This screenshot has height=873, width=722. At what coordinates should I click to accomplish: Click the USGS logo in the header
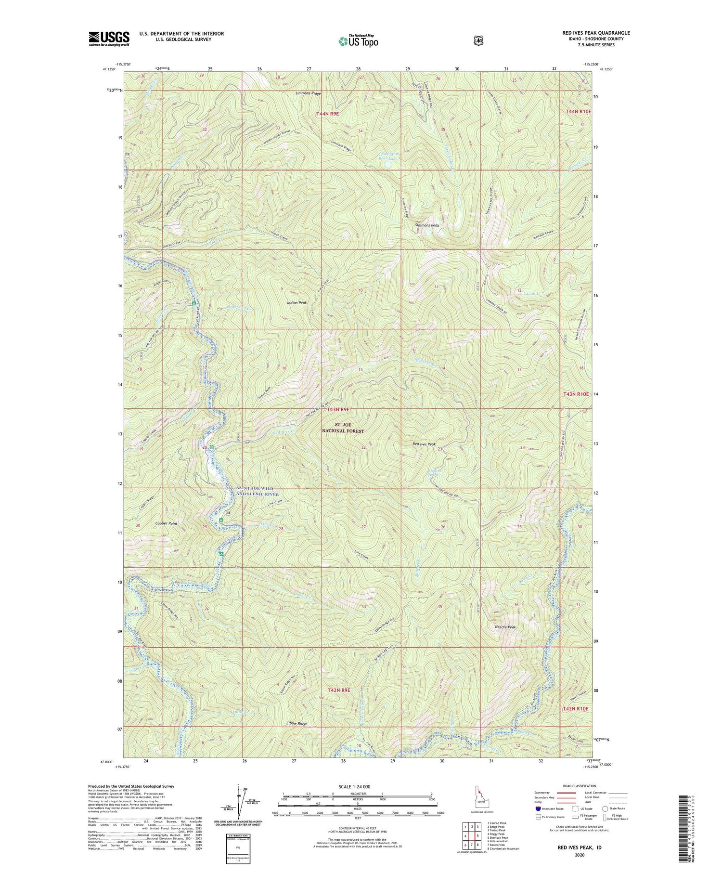pos(109,39)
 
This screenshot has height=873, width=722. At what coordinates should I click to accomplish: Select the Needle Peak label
pos(505,627)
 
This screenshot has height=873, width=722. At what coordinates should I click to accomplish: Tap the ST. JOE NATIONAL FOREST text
pos(343,428)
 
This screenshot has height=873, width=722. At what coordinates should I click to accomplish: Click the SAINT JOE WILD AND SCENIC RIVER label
pos(257,491)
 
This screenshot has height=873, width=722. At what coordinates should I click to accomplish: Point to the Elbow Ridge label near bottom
pos(297,723)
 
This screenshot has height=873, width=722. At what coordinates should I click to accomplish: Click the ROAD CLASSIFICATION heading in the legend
pos(580,786)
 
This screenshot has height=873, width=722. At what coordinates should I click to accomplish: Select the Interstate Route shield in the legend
pos(538,808)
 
